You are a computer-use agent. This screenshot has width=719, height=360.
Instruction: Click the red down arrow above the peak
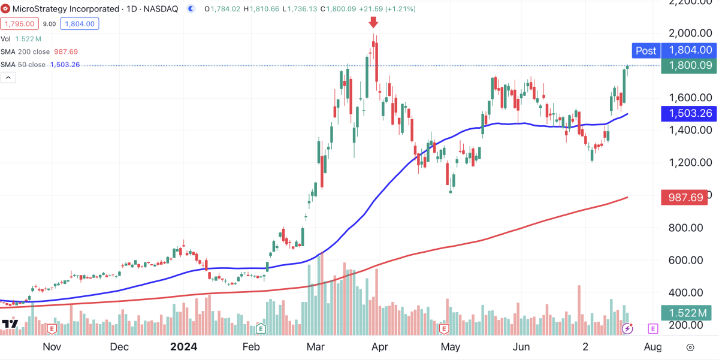pyautogui.click(x=373, y=23)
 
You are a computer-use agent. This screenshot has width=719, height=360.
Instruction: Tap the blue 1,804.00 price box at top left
pyautogui.click(x=80, y=24)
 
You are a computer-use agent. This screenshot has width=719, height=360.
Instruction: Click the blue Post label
pyautogui.click(x=645, y=51)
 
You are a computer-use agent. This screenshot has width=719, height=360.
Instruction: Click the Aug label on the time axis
pyautogui.click(x=653, y=347)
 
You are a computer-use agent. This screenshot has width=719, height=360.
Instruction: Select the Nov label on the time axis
pyautogui.click(x=52, y=347)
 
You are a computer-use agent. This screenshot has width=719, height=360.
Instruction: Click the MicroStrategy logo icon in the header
pyautogui.click(x=5, y=10)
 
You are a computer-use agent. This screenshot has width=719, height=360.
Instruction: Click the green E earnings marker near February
pyautogui.click(x=261, y=328)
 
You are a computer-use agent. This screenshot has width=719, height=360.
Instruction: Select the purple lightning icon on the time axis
pyautogui.click(x=627, y=328)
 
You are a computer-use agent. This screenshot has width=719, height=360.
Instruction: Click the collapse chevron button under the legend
pyautogui.click(x=8, y=77)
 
